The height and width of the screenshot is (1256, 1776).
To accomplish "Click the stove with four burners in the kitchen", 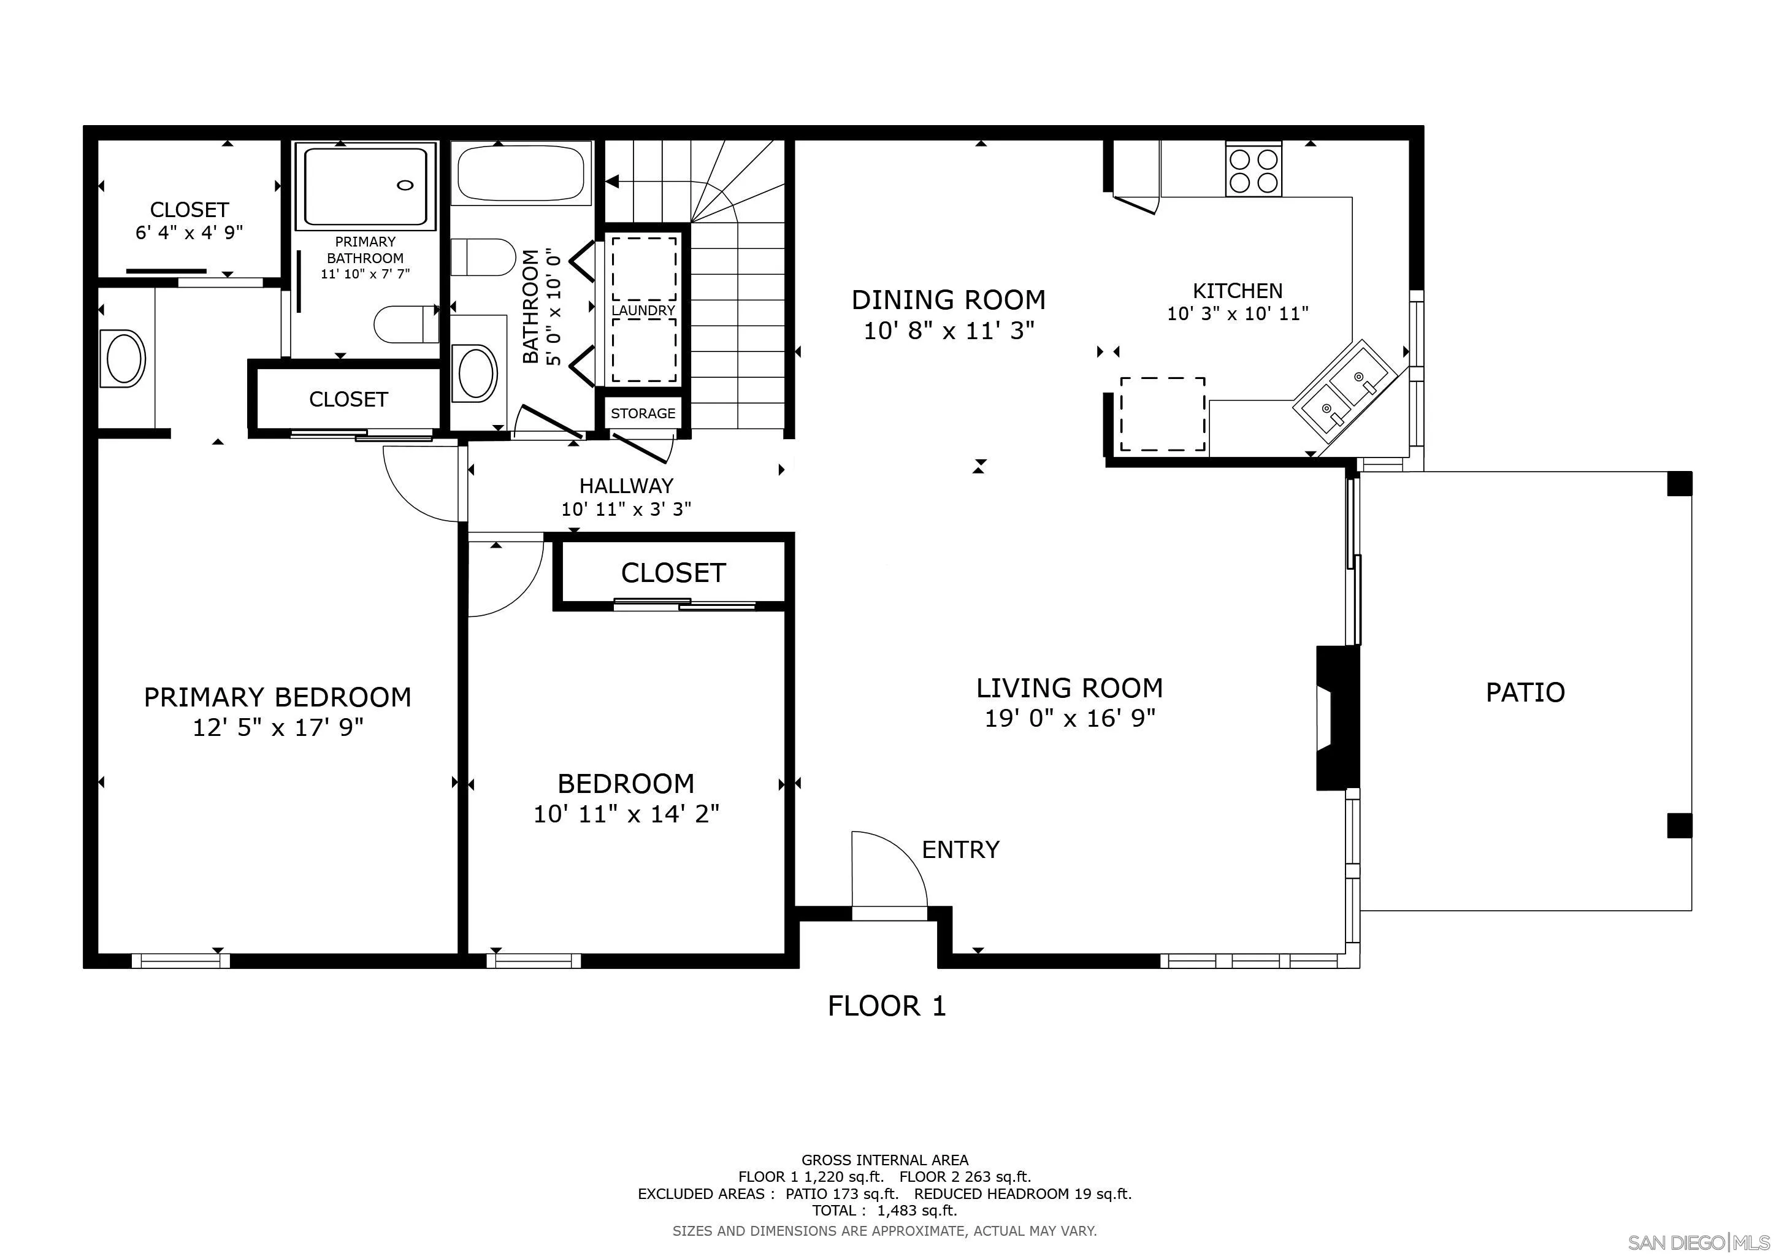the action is (x=1253, y=168).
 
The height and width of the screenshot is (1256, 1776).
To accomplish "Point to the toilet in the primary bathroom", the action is (x=405, y=324).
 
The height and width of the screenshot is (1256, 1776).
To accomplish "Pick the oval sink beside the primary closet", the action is (x=124, y=359).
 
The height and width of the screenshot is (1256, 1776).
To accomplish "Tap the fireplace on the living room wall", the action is (x=1338, y=718).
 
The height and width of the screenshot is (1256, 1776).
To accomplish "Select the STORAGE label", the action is (x=643, y=414).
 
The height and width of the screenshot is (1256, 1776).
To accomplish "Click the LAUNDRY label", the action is (x=643, y=310).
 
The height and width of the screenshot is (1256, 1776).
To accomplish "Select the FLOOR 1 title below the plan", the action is (x=886, y=1005).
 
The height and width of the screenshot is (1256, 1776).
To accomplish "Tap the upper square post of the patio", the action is (x=1679, y=483).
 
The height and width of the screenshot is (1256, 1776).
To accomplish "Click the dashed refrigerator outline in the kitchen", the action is (x=1163, y=414).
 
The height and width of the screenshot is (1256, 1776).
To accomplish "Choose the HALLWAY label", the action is (x=627, y=486).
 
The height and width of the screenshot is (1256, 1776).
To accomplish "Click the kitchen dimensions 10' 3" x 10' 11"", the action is (x=1238, y=314).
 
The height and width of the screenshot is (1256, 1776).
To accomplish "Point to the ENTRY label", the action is (x=961, y=850).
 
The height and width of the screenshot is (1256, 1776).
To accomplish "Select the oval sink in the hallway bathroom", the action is (x=477, y=373).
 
